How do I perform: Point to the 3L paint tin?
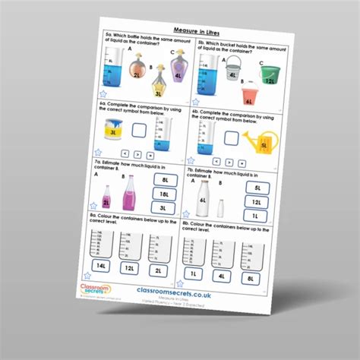(x=114, y=134)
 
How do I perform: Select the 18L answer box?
(x=165, y=194)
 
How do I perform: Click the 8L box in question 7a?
(x=165, y=180)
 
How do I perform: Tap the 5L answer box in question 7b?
(x=257, y=188)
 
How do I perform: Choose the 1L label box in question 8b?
(x=193, y=273)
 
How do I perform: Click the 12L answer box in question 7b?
(x=257, y=202)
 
